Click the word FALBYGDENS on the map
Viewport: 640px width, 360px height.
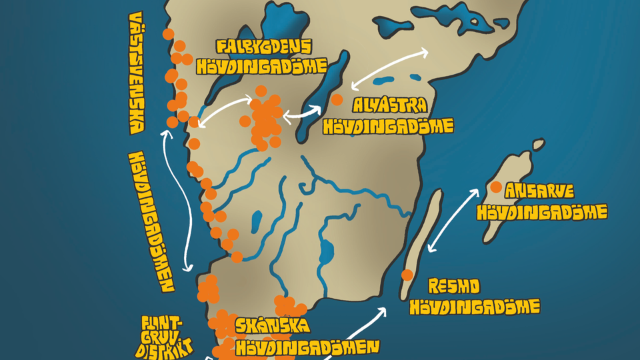pos(264,47)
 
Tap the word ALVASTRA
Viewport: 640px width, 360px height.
pos(390,106)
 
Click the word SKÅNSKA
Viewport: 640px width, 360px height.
pos(272,327)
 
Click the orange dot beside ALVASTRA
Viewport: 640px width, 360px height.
pos(337,100)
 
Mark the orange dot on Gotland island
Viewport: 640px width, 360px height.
pos(495,188)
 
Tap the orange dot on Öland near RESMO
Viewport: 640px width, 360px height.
pos(407,275)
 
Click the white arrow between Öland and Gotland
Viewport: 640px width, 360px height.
pos(453,221)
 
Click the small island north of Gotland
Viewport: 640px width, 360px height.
pos(537,144)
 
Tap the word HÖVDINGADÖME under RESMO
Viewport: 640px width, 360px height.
pos(474,307)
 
